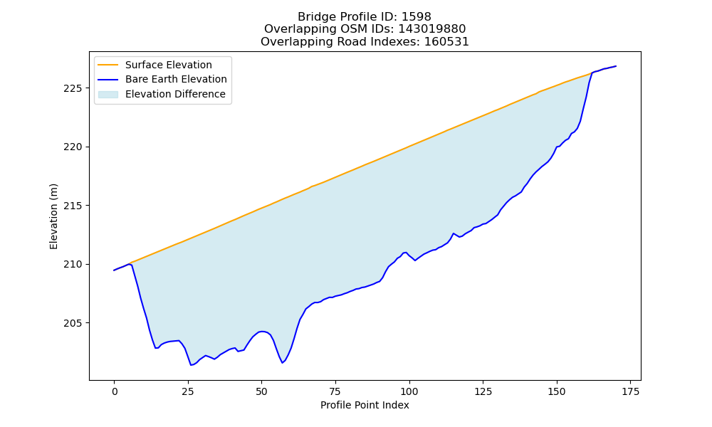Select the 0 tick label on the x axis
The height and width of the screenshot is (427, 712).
115,391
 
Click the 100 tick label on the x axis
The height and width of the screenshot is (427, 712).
409,391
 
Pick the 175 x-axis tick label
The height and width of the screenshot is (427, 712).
630,391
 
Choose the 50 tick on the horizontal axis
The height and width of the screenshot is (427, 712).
261,391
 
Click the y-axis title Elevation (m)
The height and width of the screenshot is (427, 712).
53,216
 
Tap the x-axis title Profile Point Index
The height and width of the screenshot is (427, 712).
365,405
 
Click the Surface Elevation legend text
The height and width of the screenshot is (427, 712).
169,65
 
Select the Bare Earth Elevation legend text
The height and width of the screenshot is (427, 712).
176,79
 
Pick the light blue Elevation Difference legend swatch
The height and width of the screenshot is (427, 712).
108,95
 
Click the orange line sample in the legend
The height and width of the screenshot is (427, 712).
108,65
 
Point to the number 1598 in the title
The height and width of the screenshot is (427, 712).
417,17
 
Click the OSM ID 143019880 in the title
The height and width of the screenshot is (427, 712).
432,29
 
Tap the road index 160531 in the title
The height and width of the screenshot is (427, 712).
446,42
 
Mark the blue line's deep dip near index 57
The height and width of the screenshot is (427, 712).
282,362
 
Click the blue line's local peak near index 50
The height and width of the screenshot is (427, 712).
262,331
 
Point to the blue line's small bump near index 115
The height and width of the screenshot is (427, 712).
453,233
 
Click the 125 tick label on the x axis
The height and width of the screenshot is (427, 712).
483,391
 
